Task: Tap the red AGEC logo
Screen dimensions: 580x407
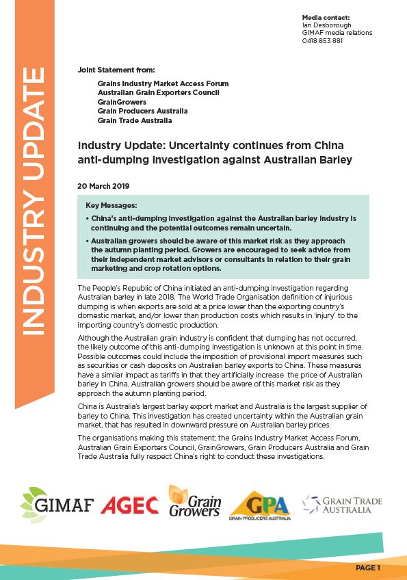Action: click(129, 505)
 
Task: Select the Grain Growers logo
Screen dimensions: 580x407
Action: click(194, 503)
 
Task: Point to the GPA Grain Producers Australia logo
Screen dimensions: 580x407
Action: click(260, 504)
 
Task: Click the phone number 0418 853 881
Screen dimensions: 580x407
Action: click(322, 41)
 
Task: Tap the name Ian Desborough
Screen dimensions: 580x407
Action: click(326, 25)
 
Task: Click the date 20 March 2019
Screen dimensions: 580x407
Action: click(103, 185)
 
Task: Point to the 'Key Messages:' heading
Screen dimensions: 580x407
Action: click(111, 205)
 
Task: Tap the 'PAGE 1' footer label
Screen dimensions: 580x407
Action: click(368, 568)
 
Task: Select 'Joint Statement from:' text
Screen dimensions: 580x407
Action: click(116, 70)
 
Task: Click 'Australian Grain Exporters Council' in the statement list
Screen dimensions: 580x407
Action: click(157, 92)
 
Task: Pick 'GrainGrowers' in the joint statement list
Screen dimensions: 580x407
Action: click(122, 102)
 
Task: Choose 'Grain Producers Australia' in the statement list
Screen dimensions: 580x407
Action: click(142, 111)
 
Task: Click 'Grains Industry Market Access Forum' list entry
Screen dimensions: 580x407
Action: click(163, 83)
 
